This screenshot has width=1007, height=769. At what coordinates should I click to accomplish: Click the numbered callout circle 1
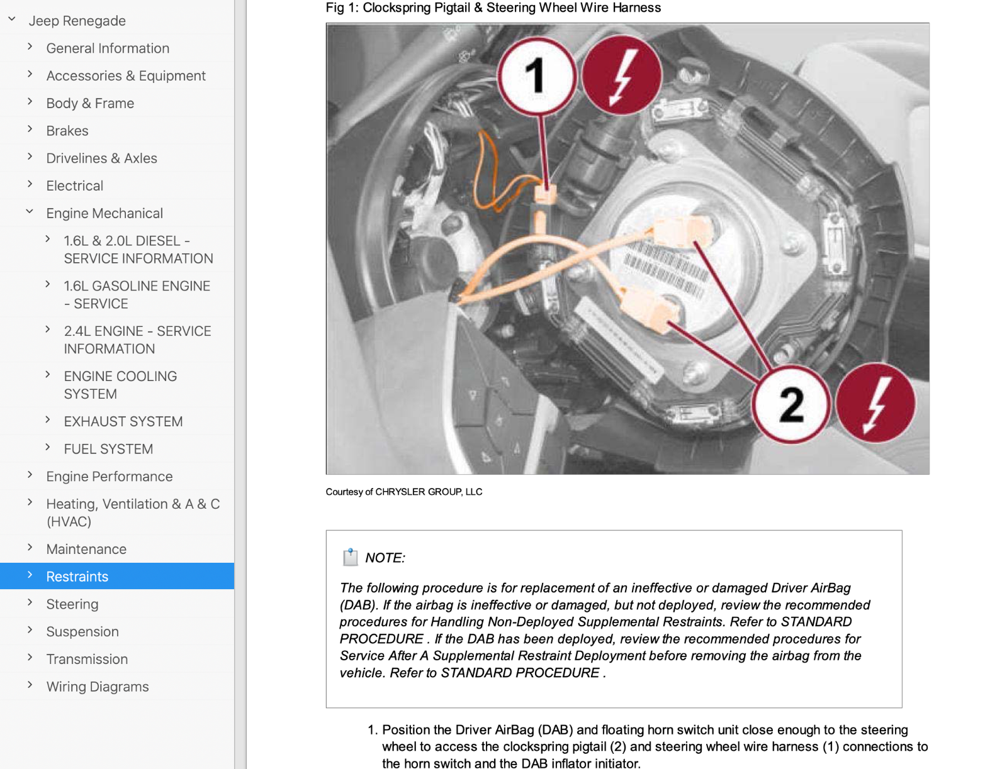537,76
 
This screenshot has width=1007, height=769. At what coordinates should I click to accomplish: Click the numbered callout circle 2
791,404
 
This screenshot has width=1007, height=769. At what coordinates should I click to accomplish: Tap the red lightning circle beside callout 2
875,403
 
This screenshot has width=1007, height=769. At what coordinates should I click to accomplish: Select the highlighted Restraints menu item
77,577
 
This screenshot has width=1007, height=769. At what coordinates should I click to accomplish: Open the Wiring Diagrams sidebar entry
98,687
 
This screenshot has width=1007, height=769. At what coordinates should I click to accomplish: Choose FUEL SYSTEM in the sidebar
108,449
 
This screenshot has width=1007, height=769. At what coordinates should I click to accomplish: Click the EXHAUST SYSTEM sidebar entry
123,421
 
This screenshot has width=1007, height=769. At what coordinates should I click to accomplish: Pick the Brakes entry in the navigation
67,131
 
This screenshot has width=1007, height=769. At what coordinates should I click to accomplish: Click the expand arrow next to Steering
30,603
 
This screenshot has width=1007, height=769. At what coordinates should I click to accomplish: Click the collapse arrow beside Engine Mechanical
30,213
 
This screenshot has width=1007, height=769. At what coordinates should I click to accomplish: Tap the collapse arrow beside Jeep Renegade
12,19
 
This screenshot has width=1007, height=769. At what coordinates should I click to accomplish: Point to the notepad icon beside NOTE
350,557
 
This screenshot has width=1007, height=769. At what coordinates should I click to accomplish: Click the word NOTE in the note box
385,558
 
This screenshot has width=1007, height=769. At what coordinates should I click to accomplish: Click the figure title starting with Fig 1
493,8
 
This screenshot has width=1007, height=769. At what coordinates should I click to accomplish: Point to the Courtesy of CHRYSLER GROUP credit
404,492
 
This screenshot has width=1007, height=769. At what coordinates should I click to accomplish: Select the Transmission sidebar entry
87,659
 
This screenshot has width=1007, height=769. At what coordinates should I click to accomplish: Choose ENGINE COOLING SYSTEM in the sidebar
120,385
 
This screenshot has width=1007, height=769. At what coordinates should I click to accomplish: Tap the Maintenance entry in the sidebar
86,549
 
